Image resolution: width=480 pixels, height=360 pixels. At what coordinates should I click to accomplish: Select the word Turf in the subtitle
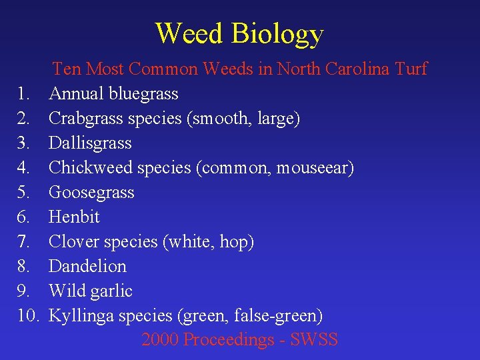(411, 69)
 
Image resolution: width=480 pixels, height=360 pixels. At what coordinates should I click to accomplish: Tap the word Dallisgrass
(91, 143)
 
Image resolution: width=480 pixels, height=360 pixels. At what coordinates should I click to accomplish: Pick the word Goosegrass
(92, 193)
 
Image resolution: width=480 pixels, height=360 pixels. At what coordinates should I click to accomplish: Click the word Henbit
(75, 217)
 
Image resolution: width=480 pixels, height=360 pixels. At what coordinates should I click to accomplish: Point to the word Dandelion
(88, 266)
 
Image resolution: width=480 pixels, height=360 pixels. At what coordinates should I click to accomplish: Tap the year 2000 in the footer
(159, 340)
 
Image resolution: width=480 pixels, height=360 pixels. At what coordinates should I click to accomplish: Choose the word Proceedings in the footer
(224, 340)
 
